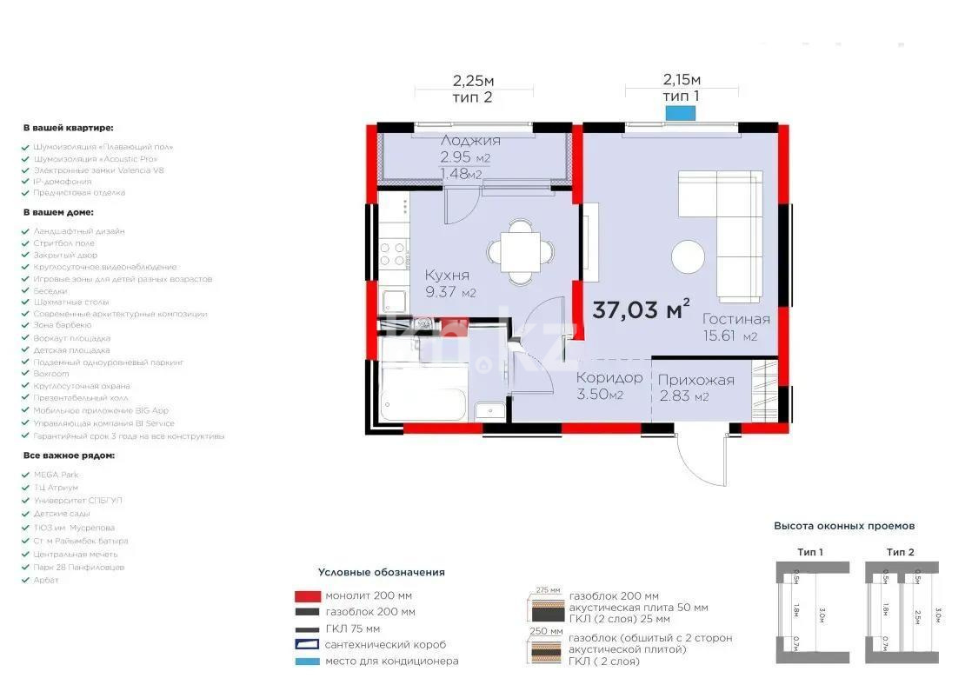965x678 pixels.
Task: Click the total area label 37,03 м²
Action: [x=641, y=309]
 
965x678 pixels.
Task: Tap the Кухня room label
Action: [x=448, y=276]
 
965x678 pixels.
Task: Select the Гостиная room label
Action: [x=736, y=319]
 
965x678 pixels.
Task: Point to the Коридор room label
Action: [x=609, y=378]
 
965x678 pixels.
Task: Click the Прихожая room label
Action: [x=695, y=380]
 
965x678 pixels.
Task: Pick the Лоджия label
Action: [x=470, y=141]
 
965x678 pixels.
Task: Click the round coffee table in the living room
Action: [x=689, y=257]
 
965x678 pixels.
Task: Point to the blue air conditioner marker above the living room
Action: [x=681, y=112]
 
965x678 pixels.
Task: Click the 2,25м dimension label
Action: [x=472, y=81]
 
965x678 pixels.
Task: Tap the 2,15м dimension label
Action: [x=681, y=81]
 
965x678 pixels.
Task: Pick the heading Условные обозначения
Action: [x=381, y=572]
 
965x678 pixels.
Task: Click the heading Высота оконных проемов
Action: [x=844, y=526]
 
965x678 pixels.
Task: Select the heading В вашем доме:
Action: [x=58, y=212]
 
